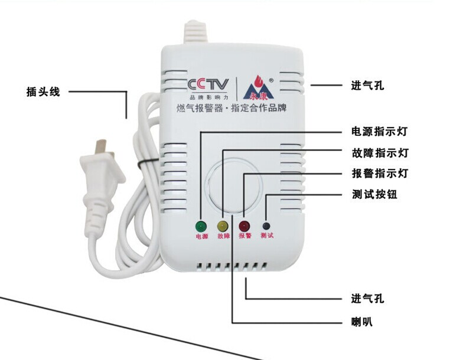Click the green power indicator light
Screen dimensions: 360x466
tap(200, 226)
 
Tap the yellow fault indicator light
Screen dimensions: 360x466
tap(223, 226)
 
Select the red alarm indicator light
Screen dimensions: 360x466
tap(244, 226)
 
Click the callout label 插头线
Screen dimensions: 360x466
tap(43, 92)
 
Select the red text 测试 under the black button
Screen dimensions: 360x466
tap(267, 236)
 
